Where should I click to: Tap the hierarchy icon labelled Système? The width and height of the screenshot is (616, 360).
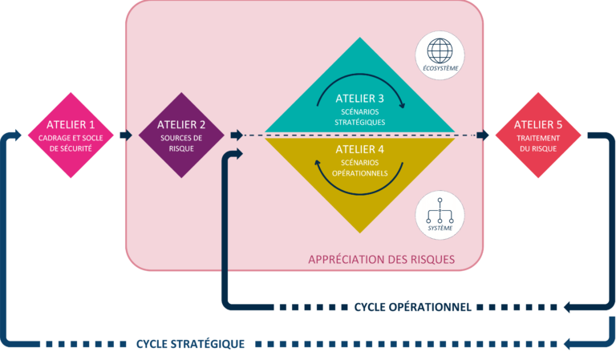pyautogui.click(x=440, y=213)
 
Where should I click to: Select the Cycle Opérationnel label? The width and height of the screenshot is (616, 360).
pyautogui.click(x=411, y=306)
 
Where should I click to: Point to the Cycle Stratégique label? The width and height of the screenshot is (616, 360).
pyautogui.click(x=190, y=343)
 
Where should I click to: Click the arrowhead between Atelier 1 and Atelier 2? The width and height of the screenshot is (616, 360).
pyautogui.click(x=125, y=135)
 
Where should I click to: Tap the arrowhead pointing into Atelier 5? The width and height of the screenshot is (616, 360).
pyautogui.click(x=482, y=135)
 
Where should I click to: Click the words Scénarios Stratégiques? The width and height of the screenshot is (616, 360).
pyautogui.click(x=360, y=117)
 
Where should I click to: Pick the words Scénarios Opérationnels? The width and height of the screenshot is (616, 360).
pyautogui.click(x=360, y=168)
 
